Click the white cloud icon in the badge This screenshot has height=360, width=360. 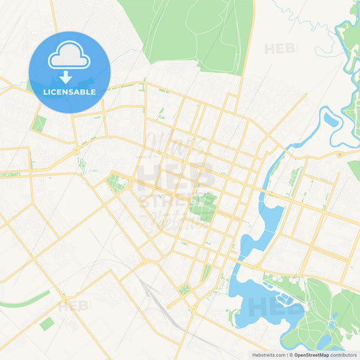(x=69, y=59)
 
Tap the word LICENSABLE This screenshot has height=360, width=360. (x=70, y=91)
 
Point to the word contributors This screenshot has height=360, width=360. (x=344, y=354)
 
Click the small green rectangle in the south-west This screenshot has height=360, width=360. (x=47, y=324)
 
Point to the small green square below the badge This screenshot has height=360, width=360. (x=39, y=124)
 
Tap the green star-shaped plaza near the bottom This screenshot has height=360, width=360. (x=184, y=289)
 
